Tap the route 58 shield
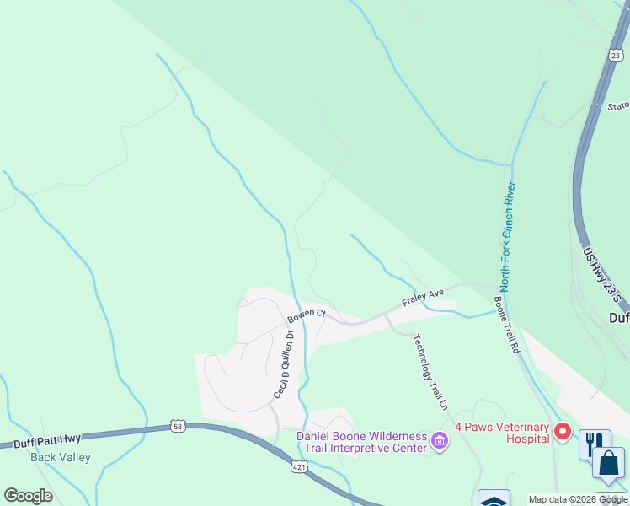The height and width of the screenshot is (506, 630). point(178,426)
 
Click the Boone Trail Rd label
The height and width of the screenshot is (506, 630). point(505,324)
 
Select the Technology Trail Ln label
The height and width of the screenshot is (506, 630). point(430,371)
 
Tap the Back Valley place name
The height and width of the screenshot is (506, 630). point(61,458)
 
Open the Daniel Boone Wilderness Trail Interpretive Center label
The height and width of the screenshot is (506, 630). point(362,442)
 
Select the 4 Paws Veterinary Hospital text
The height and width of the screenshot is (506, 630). point(504,433)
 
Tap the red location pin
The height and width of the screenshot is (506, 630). point(563,433)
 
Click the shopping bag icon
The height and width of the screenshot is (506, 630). point(608,465)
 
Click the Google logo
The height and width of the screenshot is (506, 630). point(28,496)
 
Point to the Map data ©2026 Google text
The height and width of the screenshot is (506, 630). point(578,500)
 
